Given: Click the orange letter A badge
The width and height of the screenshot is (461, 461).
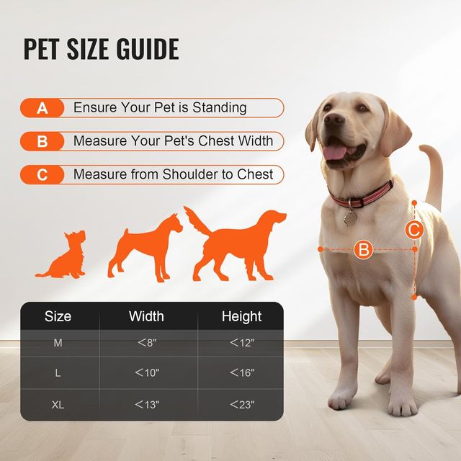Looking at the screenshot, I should tap(42, 108).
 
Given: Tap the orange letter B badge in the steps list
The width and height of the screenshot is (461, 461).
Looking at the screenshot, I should tap(42, 141).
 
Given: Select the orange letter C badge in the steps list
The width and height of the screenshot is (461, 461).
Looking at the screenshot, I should tap(42, 174).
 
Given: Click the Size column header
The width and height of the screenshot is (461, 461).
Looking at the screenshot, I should tap(58, 316).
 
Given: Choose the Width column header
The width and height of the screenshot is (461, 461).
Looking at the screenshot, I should tap(146, 316).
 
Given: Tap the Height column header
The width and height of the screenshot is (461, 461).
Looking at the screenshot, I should tap(242, 316).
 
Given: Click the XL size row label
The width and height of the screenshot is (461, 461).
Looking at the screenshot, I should tap(58, 405).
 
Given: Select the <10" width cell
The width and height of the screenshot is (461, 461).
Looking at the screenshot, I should tap(147, 373).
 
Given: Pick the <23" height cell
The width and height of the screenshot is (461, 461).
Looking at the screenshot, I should tap(242, 405).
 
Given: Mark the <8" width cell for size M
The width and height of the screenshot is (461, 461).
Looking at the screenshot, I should tap(147, 343).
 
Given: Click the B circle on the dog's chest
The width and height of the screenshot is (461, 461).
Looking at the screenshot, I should tap(364, 250).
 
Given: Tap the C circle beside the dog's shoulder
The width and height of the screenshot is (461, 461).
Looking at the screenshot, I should tap(413, 230).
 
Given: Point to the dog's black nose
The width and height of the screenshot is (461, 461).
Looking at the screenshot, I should tap(334, 123).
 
